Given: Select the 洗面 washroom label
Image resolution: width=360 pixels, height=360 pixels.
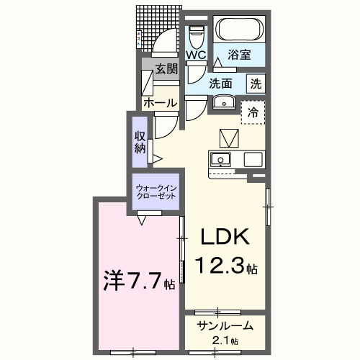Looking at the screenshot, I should pyautogui.click(x=221, y=83).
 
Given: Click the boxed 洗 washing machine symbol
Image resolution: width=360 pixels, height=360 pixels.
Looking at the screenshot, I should pyautogui.click(x=256, y=83).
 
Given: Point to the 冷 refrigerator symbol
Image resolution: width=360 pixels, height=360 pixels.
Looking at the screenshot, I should pyautogui.click(x=253, y=112).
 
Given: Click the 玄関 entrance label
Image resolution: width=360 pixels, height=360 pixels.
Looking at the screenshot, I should pyautogui.click(x=165, y=69).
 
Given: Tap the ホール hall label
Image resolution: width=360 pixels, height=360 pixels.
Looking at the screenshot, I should pyautogui.click(x=160, y=103).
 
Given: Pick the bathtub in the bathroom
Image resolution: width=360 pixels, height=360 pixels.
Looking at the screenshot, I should pyautogui.click(x=240, y=30).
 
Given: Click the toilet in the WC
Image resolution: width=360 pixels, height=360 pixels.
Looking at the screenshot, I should pyautogui.click(x=196, y=33).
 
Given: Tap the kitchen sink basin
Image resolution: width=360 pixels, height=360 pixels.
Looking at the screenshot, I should pyautogui.click(x=221, y=158).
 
